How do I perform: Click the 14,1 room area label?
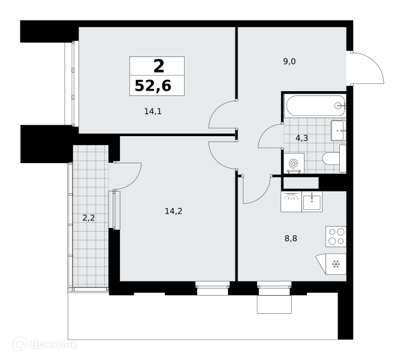153,112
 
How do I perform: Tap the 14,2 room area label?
173,211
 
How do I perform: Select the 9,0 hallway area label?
290,62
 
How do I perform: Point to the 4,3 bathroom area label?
302,139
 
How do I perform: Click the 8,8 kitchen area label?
291,239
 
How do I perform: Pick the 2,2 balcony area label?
88,218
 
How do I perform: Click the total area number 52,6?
153,86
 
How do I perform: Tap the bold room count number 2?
159,66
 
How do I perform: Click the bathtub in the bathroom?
315,106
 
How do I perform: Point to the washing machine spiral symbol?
294,163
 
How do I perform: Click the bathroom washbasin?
338,130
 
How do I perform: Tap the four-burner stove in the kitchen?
336,236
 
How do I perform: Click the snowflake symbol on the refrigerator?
336,264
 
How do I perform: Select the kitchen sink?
312,202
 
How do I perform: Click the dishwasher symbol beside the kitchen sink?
291,202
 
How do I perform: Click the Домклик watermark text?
53,344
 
